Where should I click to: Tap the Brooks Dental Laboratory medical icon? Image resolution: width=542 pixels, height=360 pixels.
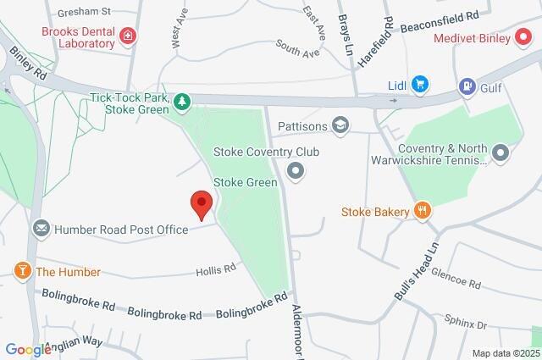click(x=127, y=36)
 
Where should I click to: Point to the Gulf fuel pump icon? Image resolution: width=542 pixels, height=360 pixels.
click(x=465, y=86)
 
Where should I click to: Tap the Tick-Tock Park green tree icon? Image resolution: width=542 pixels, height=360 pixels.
click(x=181, y=102)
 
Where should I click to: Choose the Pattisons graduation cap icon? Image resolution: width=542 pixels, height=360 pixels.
click(x=340, y=125)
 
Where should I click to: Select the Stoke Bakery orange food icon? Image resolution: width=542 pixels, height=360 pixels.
click(x=420, y=211)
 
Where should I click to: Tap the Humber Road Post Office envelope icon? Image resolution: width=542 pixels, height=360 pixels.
click(x=41, y=229)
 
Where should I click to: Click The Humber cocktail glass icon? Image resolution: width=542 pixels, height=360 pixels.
click(x=21, y=271)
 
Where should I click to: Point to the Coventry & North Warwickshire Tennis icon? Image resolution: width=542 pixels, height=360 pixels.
click(x=501, y=153)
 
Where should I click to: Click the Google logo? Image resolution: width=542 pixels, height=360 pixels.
click(x=28, y=349)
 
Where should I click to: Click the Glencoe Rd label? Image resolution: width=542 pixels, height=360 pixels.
click(x=456, y=280)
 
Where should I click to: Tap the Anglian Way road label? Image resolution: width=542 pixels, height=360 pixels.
click(x=76, y=342)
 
